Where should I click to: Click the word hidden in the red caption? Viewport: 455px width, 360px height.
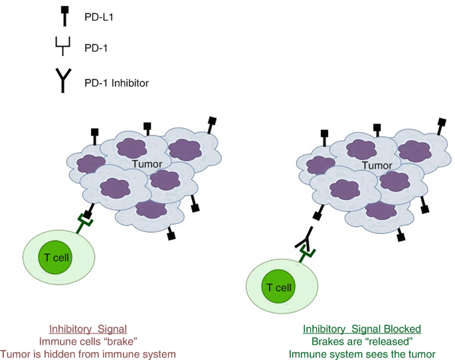95,354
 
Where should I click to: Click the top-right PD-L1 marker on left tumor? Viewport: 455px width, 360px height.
212,124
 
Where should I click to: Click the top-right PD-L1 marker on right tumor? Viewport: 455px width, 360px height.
442,124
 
